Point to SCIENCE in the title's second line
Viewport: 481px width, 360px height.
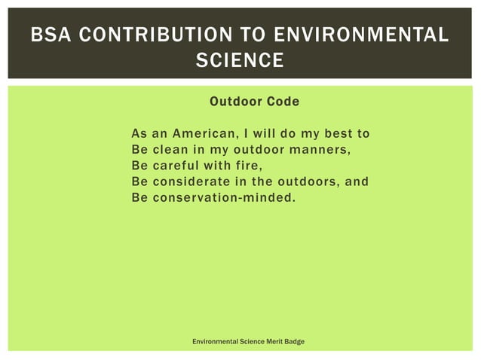point(240,59)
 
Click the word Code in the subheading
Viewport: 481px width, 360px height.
point(281,102)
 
